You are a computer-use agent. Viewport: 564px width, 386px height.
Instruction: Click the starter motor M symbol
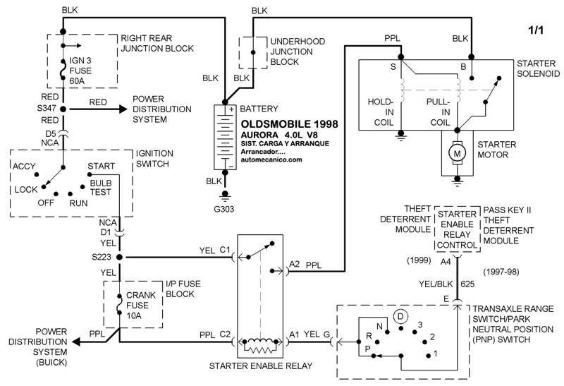457,154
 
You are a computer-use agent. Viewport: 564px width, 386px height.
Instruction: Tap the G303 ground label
223,209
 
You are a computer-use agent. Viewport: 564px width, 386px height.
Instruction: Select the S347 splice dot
63,109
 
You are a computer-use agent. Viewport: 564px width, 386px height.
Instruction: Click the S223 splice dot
119,257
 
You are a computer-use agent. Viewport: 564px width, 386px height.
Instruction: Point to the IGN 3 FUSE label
80,71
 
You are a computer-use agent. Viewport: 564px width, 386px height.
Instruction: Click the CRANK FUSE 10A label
140,306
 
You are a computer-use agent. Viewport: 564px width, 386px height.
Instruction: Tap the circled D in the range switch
400,317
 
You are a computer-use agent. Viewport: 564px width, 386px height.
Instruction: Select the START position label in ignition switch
101,166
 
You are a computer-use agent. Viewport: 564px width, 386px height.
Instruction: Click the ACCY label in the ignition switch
24,167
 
